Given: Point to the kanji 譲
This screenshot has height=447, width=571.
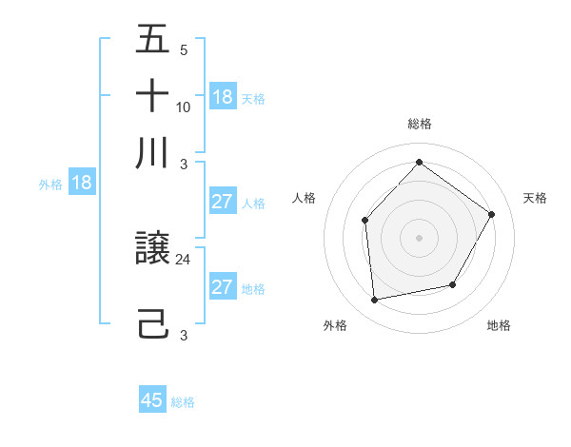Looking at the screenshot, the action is click(152, 250).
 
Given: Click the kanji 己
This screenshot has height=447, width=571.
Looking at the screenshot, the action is click(152, 324).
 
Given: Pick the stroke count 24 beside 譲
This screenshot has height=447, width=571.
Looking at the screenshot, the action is click(184, 259).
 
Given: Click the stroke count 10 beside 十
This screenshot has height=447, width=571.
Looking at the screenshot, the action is click(184, 107).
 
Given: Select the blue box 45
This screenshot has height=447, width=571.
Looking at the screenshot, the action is click(152, 400).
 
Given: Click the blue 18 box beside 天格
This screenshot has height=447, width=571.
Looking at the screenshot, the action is click(223, 96).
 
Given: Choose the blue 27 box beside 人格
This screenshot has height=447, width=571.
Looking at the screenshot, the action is click(223, 202).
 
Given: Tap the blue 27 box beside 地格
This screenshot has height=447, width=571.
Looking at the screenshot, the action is click(223, 287).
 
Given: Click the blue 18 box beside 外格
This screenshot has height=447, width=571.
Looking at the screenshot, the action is click(82, 184).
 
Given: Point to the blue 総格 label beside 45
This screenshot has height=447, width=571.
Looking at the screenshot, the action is click(183, 402).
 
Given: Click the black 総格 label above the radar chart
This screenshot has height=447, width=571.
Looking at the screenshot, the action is click(419, 124).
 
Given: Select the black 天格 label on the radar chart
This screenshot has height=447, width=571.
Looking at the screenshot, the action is click(535, 198).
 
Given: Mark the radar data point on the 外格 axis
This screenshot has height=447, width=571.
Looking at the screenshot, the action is click(375, 301).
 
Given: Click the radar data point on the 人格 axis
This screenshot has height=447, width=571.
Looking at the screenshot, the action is click(365, 220).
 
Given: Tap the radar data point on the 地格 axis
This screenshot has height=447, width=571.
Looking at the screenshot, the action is click(453, 284).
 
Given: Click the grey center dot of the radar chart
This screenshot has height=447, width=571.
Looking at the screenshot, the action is click(419, 237).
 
